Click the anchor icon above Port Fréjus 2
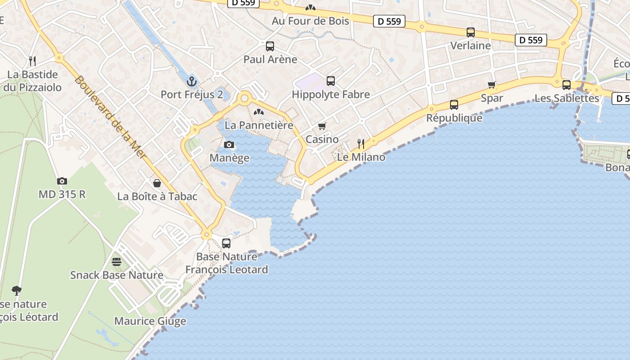click(192, 81)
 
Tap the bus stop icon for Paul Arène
click(270, 46)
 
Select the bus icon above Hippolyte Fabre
click(331, 81)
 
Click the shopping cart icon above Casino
click(322, 126)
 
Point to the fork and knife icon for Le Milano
click(361, 144)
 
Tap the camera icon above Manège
click(229, 144)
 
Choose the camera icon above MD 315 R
click(62, 181)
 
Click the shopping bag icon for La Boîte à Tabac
click(157, 183)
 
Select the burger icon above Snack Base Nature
click(117, 261)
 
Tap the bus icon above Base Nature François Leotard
click(226, 243)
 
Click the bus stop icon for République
click(454, 105)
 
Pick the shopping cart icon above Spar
click(492, 85)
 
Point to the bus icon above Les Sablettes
click(567, 85)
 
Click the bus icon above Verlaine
click(471, 32)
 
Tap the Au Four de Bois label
click(310, 21)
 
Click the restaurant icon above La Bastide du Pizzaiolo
click(32, 61)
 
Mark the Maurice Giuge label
click(150, 321)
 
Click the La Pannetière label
click(259, 125)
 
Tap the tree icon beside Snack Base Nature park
click(17, 290)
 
